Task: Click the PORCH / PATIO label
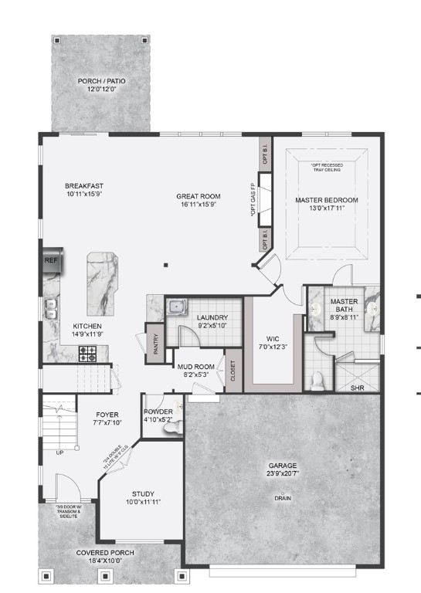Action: [x=101, y=81]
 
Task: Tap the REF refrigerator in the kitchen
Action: [x=51, y=260]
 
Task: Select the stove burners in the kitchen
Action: [x=88, y=355]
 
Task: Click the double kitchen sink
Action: [x=51, y=313]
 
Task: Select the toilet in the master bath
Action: [x=316, y=379]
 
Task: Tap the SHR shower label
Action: [x=358, y=388]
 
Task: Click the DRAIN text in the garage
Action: [x=283, y=498]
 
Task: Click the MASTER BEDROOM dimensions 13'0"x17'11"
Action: [x=327, y=209]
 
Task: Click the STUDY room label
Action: [x=143, y=494]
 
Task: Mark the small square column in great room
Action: [x=166, y=266]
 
